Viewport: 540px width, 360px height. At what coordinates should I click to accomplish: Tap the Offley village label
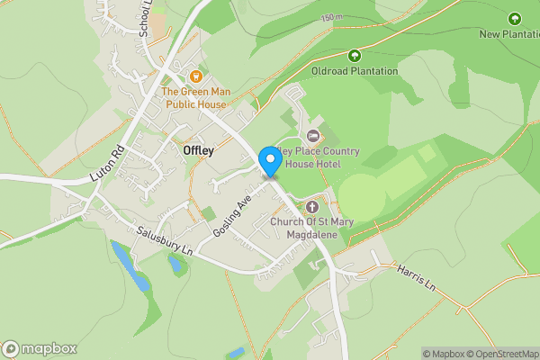198,151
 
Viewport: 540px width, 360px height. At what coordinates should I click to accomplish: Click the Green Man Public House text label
194,98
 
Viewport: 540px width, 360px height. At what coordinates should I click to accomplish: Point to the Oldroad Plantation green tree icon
355,56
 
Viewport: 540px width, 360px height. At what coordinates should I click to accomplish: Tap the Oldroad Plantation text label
355,71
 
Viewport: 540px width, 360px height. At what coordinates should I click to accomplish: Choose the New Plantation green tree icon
515,19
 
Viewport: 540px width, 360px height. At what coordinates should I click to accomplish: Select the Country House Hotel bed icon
313,135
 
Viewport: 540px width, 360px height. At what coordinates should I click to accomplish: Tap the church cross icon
313,206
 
